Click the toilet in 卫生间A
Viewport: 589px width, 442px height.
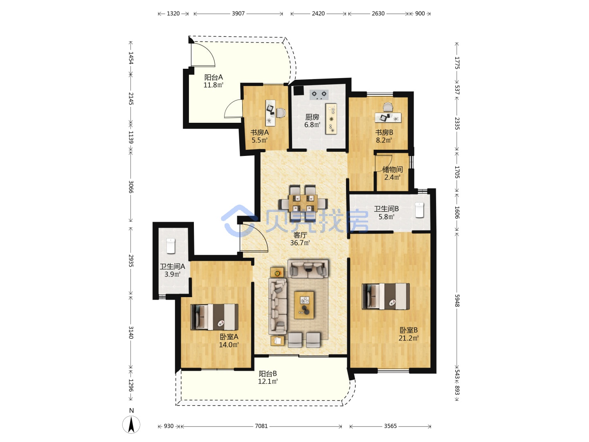tap(171, 246)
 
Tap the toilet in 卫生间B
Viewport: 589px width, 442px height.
tap(419, 210)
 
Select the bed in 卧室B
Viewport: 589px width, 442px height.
tap(386, 296)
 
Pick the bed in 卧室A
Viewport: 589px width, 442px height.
tap(214, 317)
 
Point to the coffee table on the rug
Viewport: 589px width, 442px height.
tap(304, 305)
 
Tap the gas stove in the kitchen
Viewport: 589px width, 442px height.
tap(319, 95)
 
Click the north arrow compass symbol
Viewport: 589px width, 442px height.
tap(131, 424)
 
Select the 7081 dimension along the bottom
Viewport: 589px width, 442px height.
tap(261, 426)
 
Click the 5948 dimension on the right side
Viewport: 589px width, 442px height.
tap(457, 300)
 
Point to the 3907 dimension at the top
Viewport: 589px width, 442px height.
tap(238, 14)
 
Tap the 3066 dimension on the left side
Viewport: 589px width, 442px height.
tap(130, 187)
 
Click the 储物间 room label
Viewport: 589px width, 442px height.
tap(392, 169)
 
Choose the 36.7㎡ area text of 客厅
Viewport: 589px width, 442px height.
tap(300, 243)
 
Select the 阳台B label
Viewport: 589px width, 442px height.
tap(268, 374)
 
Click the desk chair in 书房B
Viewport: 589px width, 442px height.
tap(388, 107)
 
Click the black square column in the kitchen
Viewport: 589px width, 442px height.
tap(299, 90)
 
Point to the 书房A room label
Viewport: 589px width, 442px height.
tap(259, 132)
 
